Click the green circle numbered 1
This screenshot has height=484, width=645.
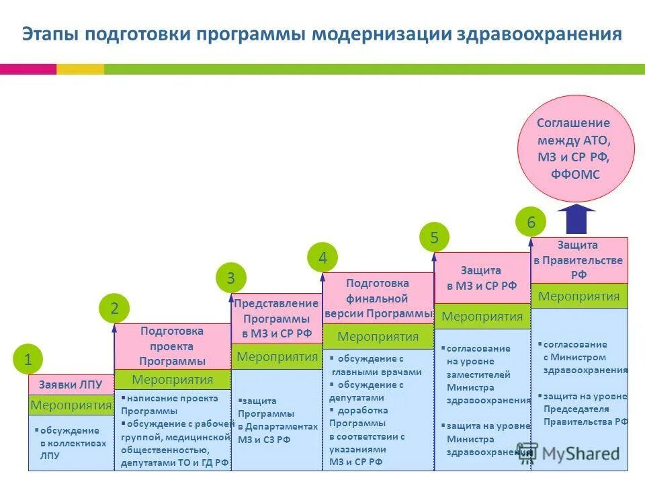[x=28, y=360]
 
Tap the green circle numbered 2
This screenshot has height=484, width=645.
[x=115, y=309]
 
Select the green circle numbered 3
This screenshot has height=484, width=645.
[x=230, y=278]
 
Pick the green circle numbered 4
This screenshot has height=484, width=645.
[x=322, y=257]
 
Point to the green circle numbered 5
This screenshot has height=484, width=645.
[x=434, y=237]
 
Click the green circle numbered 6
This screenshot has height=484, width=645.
[x=531, y=222]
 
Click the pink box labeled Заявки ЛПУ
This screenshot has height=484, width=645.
[x=71, y=385]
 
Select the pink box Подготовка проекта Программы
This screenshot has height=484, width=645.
[x=172, y=346]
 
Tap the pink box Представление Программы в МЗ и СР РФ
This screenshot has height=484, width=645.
[x=276, y=319]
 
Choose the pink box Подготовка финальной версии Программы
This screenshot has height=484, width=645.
[x=378, y=298]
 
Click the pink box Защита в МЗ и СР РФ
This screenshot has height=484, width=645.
[x=482, y=278]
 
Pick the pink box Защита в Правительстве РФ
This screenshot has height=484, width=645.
[x=579, y=260]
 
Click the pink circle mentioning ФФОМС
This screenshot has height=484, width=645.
[x=575, y=149]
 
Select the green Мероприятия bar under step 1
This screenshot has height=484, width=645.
[x=71, y=405]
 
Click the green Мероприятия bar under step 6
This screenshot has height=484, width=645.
[x=579, y=296]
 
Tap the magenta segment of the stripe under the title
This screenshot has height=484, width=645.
[x=28, y=69]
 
